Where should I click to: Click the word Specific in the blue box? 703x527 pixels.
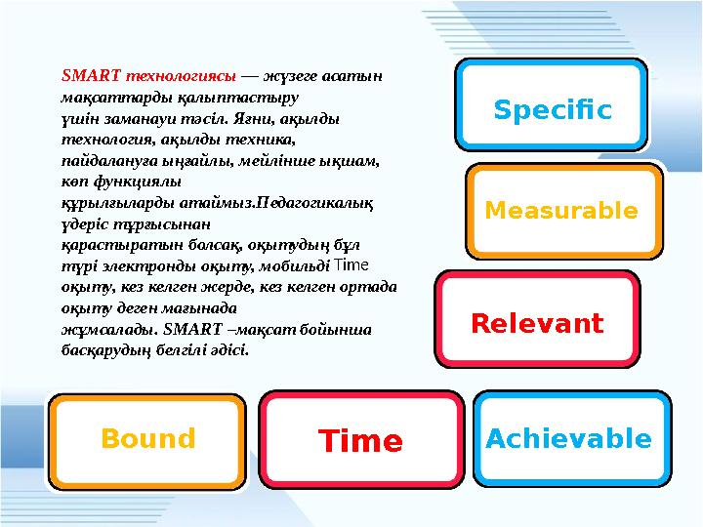[x=553, y=110]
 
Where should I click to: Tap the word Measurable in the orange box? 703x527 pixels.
[x=561, y=212]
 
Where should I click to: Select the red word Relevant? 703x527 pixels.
[x=537, y=323]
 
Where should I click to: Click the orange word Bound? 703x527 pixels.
[x=148, y=439]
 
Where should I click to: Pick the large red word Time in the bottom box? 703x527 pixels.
[x=360, y=442]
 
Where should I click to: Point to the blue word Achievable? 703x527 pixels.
[x=568, y=439]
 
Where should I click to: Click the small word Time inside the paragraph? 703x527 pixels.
[x=351, y=264]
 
